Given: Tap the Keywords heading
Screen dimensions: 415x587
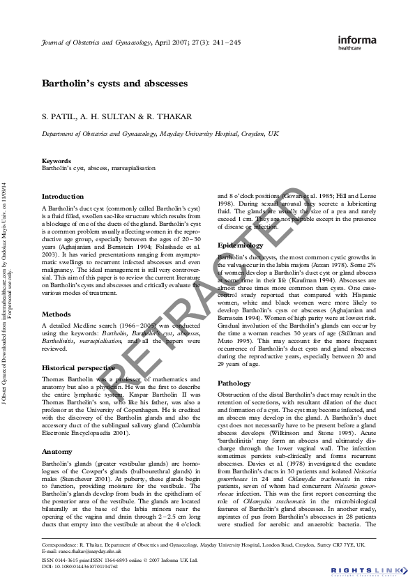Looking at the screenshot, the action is tap(56, 161).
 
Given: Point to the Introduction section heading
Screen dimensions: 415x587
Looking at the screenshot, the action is tap(63, 197).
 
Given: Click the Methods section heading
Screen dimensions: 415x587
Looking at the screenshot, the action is tap(57, 314).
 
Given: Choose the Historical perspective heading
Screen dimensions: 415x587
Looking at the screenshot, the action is tap(78, 367).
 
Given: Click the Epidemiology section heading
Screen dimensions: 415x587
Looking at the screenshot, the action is tap(241, 245).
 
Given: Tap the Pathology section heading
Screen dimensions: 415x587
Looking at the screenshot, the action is tap(234, 383).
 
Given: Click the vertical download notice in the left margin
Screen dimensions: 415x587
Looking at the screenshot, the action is tap(8, 293).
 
